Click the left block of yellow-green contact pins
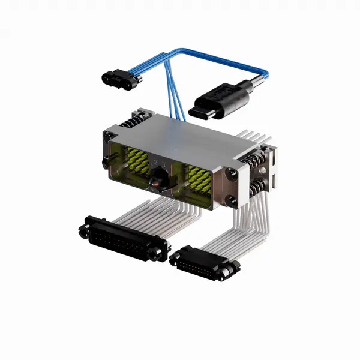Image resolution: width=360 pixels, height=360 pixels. click(x=136, y=162)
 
